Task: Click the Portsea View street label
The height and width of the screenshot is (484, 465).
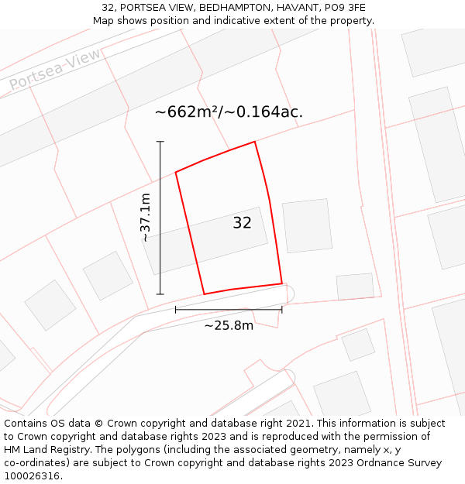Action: [55, 70]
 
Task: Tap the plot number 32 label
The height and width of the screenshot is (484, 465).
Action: [242, 223]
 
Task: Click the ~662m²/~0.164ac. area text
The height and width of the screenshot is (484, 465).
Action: [229, 112]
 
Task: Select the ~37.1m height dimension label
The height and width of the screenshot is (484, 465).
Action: [146, 218]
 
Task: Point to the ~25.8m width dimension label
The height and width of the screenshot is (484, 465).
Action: [229, 325]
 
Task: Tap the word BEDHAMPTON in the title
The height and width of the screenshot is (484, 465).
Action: [232, 8]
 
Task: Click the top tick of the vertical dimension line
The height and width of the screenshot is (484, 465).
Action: [160, 142]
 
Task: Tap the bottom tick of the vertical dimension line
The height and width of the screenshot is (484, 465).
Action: [160, 294]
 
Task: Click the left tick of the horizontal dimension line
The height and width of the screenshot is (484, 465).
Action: [176, 310]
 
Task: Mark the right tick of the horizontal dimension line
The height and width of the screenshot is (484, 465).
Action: [282, 310]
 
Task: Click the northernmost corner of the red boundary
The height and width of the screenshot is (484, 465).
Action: [255, 142]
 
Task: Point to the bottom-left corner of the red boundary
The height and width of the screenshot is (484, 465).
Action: [204, 294]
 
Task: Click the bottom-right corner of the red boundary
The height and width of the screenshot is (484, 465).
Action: [282, 283]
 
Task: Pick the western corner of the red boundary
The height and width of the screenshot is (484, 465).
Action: [176, 172]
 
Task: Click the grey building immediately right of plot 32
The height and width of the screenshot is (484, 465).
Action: [307, 225]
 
